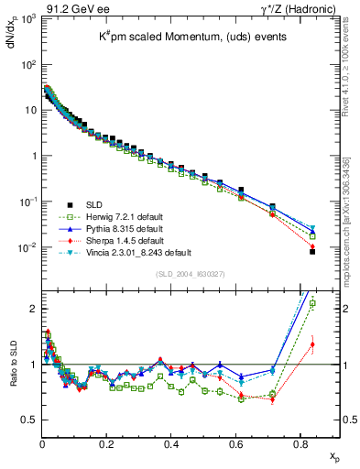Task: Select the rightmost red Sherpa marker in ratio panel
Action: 312,344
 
